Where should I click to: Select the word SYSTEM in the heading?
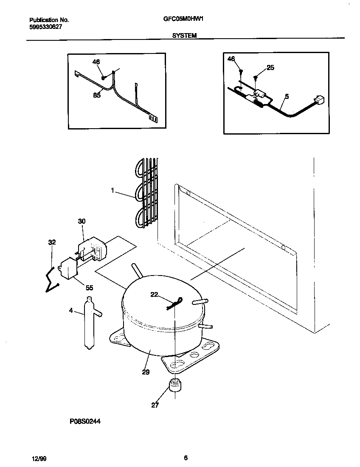[184, 36]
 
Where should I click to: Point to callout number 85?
[97, 96]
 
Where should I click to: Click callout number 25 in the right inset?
[270, 68]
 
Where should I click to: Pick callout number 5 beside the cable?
[287, 97]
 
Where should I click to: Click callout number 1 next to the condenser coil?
[112, 191]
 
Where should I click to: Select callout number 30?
[82, 221]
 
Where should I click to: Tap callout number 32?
[52, 242]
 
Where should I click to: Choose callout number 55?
[89, 287]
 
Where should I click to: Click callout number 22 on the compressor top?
[154, 295]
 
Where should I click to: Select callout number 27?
[155, 405]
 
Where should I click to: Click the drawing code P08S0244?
[85, 422]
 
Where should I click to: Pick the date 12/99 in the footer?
[37, 459]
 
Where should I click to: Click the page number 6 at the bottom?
[186, 458]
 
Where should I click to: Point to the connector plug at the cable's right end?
[320, 100]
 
